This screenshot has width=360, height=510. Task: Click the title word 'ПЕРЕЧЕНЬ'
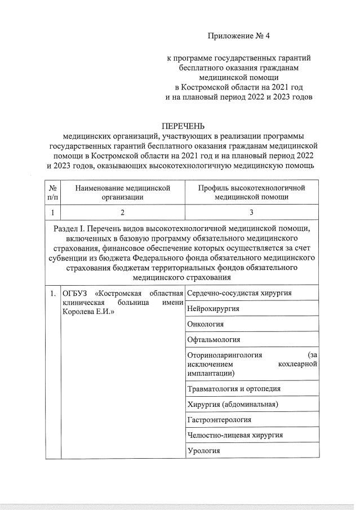pyautogui.click(x=184, y=126)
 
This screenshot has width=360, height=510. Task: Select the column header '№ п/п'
pyautogui.click(x=53, y=192)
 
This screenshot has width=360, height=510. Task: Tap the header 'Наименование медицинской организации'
pyautogui.click(x=122, y=192)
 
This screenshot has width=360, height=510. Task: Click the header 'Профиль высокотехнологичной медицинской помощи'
pyautogui.click(x=251, y=192)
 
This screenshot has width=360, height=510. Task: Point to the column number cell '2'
pyautogui.click(x=122, y=212)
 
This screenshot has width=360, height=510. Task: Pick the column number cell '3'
pyautogui.click(x=251, y=212)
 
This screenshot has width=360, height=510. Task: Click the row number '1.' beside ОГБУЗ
pyautogui.click(x=52, y=294)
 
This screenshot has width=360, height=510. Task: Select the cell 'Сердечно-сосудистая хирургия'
pyautogui.click(x=239, y=293)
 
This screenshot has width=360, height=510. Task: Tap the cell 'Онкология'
pyautogui.click(x=206, y=324)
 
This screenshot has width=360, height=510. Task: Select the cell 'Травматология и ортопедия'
pyautogui.click(x=234, y=388)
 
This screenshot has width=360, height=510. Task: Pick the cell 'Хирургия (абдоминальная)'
pyautogui.click(x=233, y=404)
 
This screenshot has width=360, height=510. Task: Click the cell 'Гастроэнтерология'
pyautogui.click(x=219, y=419)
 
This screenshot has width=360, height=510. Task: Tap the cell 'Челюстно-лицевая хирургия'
pyautogui.click(x=235, y=435)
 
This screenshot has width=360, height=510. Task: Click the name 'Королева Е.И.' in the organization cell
pyautogui.click(x=86, y=312)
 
